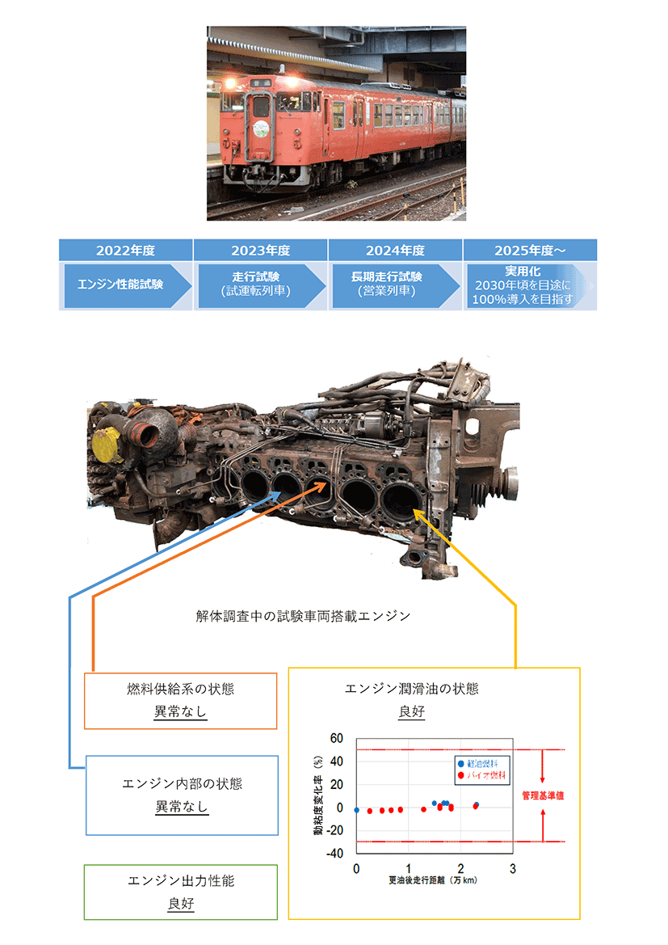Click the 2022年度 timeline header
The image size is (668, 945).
(x=125, y=250)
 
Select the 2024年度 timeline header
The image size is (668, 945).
(x=395, y=250)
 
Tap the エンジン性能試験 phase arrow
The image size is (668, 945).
(x=120, y=284)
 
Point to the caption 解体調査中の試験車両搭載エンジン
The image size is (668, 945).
(x=303, y=616)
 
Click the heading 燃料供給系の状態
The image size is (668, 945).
(x=181, y=690)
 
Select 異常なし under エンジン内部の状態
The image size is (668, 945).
(x=182, y=807)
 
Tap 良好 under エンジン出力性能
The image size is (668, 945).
(x=181, y=904)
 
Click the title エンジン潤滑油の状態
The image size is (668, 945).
(x=411, y=689)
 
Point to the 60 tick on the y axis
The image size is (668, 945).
(x=336, y=738)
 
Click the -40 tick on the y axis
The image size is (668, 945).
(x=334, y=854)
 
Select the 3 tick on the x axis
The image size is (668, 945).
(x=512, y=868)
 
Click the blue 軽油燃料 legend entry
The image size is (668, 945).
(x=483, y=764)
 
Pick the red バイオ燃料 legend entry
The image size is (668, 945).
(x=483, y=775)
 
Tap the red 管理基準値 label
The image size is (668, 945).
(x=542, y=795)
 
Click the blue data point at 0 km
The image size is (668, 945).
(x=357, y=809)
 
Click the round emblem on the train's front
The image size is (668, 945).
(x=260, y=128)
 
